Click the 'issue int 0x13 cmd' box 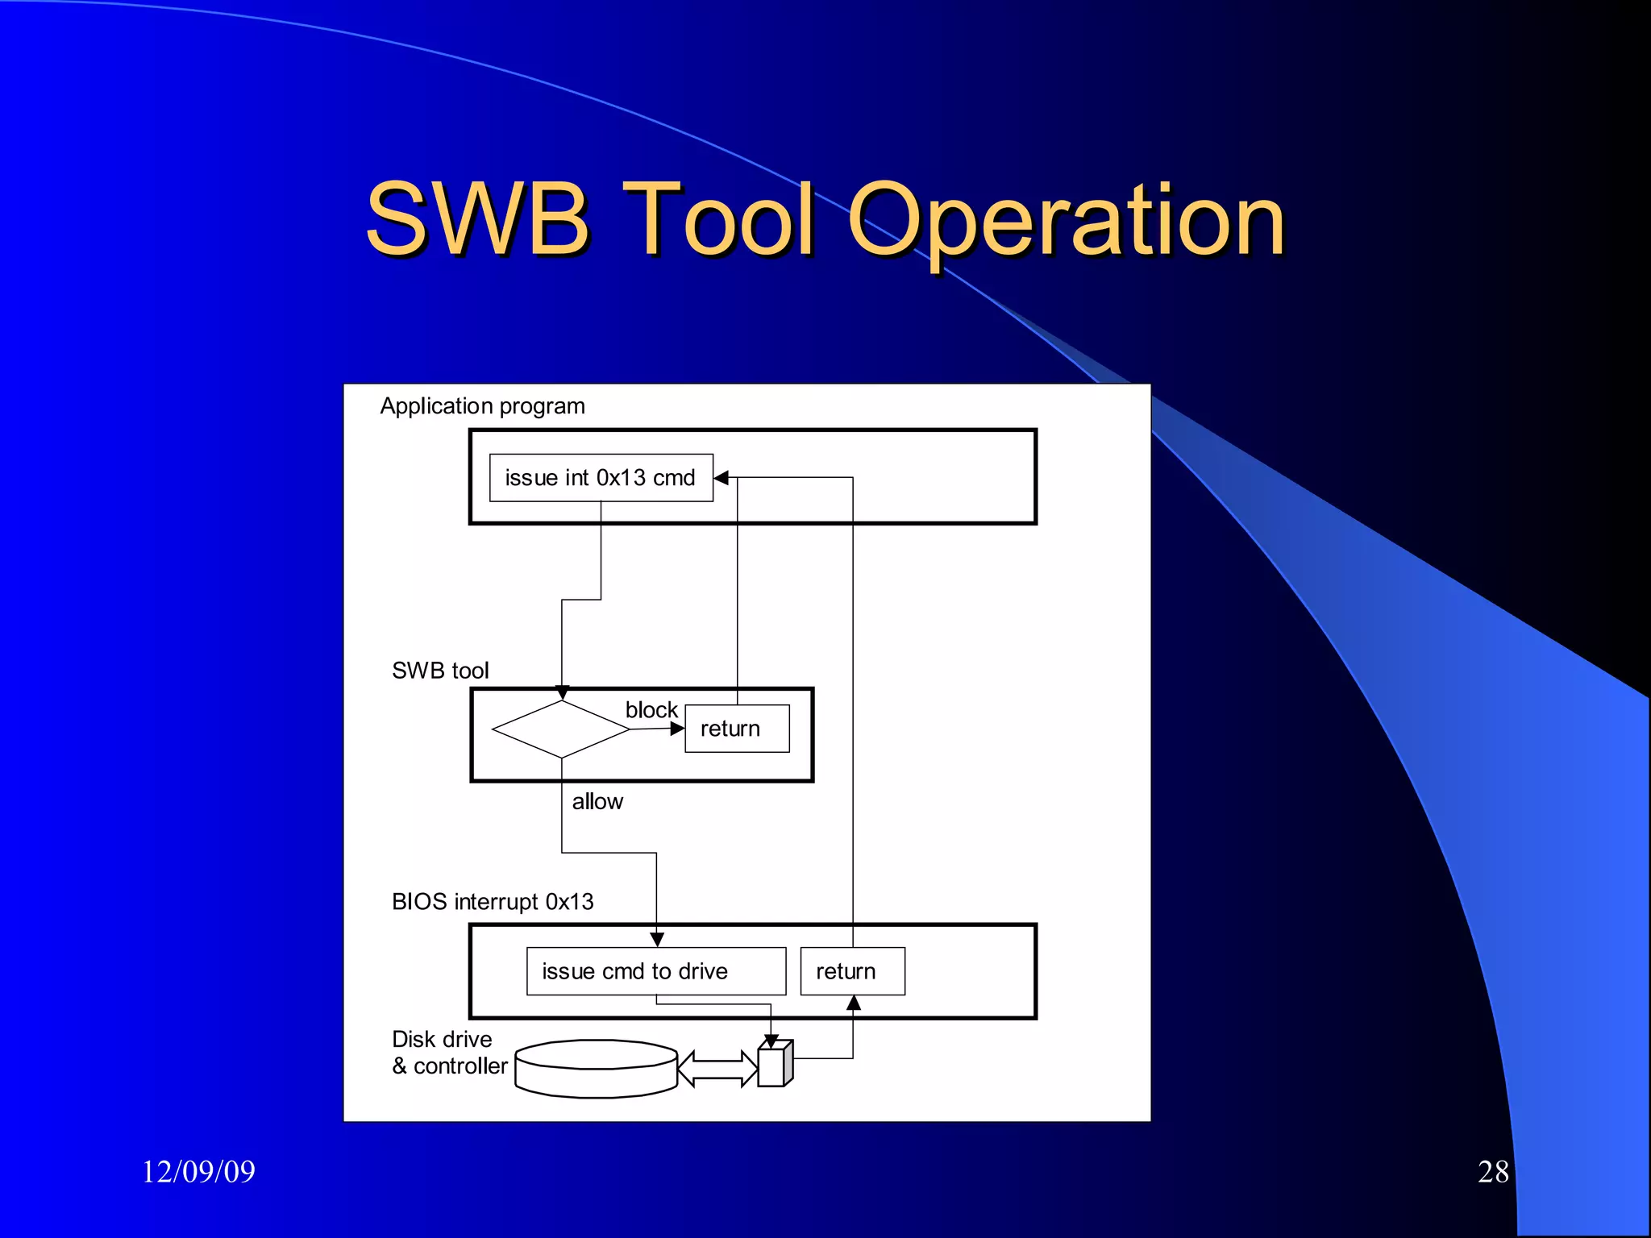coord(601,478)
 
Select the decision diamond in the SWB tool coord(561,729)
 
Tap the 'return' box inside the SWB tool coord(737,729)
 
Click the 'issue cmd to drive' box coord(655,971)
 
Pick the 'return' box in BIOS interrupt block coord(852,971)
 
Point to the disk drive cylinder coord(596,1069)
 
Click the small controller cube coord(775,1065)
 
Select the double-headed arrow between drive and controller coord(717,1069)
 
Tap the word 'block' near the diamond coord(651,710)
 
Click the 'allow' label coord(597,802)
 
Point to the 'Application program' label coord(482,406)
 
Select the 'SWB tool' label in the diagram coord(440,671)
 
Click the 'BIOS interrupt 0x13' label coord(493,902)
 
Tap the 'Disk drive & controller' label coord(449,1053)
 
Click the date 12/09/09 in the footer coord(198,1171)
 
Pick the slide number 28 coord(1493,1171)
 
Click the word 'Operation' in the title coord(1065,219)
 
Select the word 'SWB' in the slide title coord(477,219)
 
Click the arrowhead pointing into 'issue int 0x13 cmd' coord(722,478)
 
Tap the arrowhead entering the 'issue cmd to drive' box coord(657,940)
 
